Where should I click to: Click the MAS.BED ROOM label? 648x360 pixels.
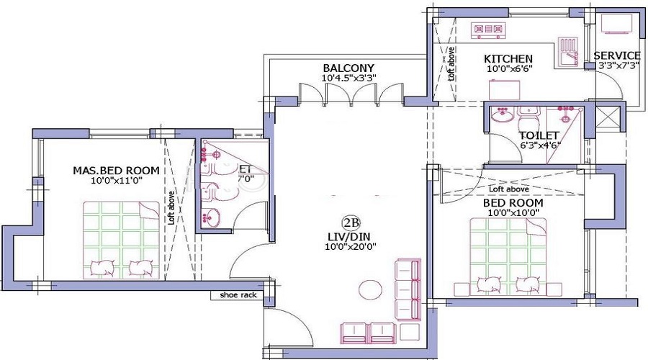coord(116,171)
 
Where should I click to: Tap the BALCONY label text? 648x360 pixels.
coord(348,68)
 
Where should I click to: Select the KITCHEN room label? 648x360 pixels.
coord(508,58)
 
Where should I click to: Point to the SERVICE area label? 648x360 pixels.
coord(617,55)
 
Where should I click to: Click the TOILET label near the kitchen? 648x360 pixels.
coord(539,135)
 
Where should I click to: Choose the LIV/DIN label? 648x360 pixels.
coord(352,235)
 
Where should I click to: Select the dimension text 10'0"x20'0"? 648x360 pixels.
coord(352,246)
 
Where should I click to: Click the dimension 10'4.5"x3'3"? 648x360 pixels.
coord(348,78)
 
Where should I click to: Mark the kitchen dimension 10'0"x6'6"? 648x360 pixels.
coord(508,69)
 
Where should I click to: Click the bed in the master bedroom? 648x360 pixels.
coord(120,240)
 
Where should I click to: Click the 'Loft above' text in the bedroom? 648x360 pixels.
coord(509,189)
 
